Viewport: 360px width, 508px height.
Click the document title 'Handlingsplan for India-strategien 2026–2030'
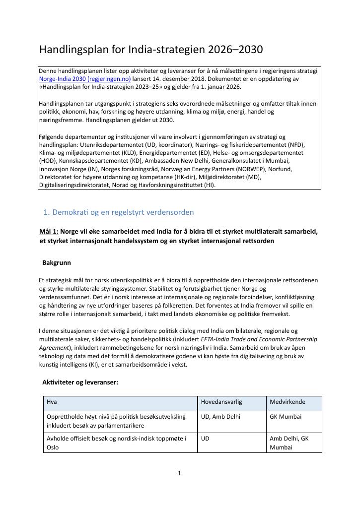[151, 50]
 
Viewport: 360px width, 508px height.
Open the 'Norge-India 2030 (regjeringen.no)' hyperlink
[85, 79]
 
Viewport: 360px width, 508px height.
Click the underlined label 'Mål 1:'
[49, 232]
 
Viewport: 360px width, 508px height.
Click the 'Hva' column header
[51, 402]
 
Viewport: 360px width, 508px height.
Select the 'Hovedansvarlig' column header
[221, 402]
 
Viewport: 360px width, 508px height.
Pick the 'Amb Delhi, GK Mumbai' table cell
[289, 443]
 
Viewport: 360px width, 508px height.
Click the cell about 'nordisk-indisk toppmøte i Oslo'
[116, 443]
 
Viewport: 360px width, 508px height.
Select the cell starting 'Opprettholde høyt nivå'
[116, 421]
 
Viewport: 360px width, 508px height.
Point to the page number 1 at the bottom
[180, 473]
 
